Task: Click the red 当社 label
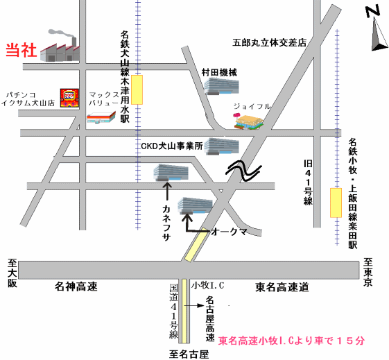click(21, 50)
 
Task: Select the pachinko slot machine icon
click(70, 98)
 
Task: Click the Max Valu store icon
click(101, 118)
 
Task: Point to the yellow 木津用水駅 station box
click(137, 89)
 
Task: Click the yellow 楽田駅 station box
click(336, 203)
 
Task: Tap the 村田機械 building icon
click(221, 86)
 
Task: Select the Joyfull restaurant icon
click(248, 121)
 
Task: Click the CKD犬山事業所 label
click(172, 146)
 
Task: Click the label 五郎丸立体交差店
click(270, 43)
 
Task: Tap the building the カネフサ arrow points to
click(171, 172)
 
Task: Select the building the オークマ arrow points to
click(196, 206)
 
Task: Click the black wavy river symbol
click(243, 171)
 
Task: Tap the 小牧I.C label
click(207, 285)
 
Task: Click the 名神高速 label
click(76, 286)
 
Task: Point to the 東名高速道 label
click(282, 287)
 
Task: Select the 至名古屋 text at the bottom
click(189, 354)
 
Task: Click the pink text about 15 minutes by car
click(291, 341)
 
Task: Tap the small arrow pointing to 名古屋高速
click(194, 305)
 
